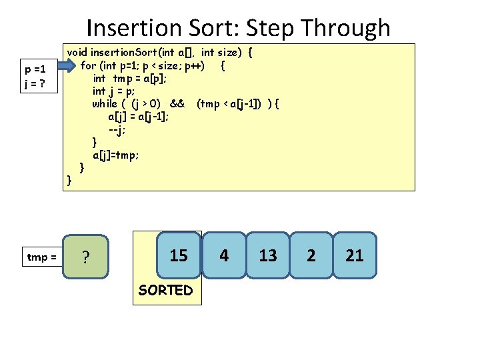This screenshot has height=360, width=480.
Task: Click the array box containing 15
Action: pyautogui.click(x=179, y=255)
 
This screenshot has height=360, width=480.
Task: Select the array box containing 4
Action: pyautogui.click(x=224, y=255)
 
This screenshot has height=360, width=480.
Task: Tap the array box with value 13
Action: pyautogui.click(x=268, y=255)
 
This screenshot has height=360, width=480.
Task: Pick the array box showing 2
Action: pyautogui.click(x=311, y=255)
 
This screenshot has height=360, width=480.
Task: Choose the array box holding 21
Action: pyautogui.click(x=355, y=255)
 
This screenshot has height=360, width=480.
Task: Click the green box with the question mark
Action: pyautogui.click(x=85, y=256)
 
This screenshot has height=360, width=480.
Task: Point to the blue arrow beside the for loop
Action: pyautogui.click(x=67, y=65)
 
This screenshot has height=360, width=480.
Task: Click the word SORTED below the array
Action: pyautogui.click(x=165, y=290)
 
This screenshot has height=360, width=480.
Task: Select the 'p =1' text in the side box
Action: pyautogui.click(x=35, y=69)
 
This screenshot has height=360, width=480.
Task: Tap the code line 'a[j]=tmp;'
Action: pyautogui.click(x=116, y=155)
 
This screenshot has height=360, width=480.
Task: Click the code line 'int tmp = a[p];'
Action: pyautogui.click(x=131, y=78)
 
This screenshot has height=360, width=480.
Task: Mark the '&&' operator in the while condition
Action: pyautogui.click(x=177, y=103)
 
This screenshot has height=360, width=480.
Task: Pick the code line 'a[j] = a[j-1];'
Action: pyautogui.click(x=138, y=116)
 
